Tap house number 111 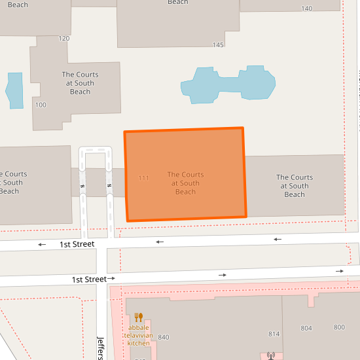pyautogui.click(x=144, y=178)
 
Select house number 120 pyautogui.click(x=63, y=39)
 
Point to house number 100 pyautogui.click(x=41, y=105)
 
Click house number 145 pyautogui.click(x=218, y=45)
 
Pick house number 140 pyautogui.click(x=307, y=9)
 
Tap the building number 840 pyautogui.click(x=164, y=337)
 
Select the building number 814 pyautogui.click(x=274, y=334)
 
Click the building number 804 pyautogui.click(x=306, y=328)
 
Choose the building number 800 pyautogui.click(x=339, y=327)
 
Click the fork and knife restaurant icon pyautogui.click(x=138, y=317)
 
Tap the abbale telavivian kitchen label pyautogui.click(x=139, y=335)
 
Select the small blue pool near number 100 pyautogui.click(x=14, y=90)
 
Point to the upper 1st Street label pyautogui.click(x=77, y=244)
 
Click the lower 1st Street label pyautogui.click(x=89, y=279)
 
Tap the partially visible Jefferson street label pyautogui.click(x=101, y=348)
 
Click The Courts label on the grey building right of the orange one pyautogui.click(x=295, y=186)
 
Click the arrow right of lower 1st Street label pyautogui.click(x=111, y=279)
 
